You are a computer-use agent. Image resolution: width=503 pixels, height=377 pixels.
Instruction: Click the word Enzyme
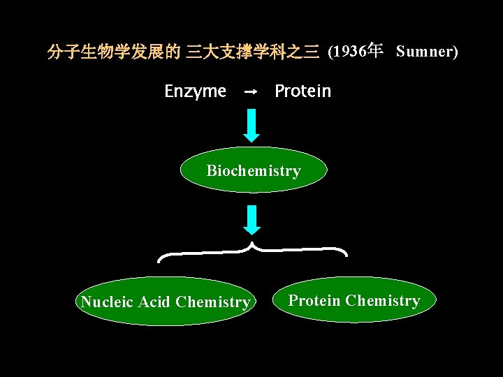(195, 91)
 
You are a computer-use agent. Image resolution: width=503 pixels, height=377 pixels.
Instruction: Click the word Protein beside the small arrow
(302, 91)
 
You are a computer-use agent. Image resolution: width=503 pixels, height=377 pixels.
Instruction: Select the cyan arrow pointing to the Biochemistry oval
(252, 126)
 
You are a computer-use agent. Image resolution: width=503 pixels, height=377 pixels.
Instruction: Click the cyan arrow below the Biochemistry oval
(252, 219)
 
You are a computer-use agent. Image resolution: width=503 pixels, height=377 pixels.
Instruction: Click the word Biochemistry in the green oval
(253, 171)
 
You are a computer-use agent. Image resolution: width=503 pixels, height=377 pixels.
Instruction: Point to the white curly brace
(252, 251)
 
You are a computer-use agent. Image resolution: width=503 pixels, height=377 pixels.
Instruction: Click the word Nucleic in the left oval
(108, 302)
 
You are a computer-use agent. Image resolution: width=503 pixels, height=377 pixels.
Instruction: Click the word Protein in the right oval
(314, 301)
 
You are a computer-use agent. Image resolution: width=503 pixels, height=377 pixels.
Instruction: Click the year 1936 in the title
(351, 52)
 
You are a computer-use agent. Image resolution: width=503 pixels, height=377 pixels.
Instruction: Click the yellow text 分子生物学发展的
(113, 52)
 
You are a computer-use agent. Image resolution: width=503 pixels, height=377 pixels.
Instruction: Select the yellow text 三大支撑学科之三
(252, 52)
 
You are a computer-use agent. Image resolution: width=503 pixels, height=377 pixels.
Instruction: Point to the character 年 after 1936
(375, 51)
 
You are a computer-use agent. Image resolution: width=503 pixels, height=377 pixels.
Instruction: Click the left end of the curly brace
(160, 260)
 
